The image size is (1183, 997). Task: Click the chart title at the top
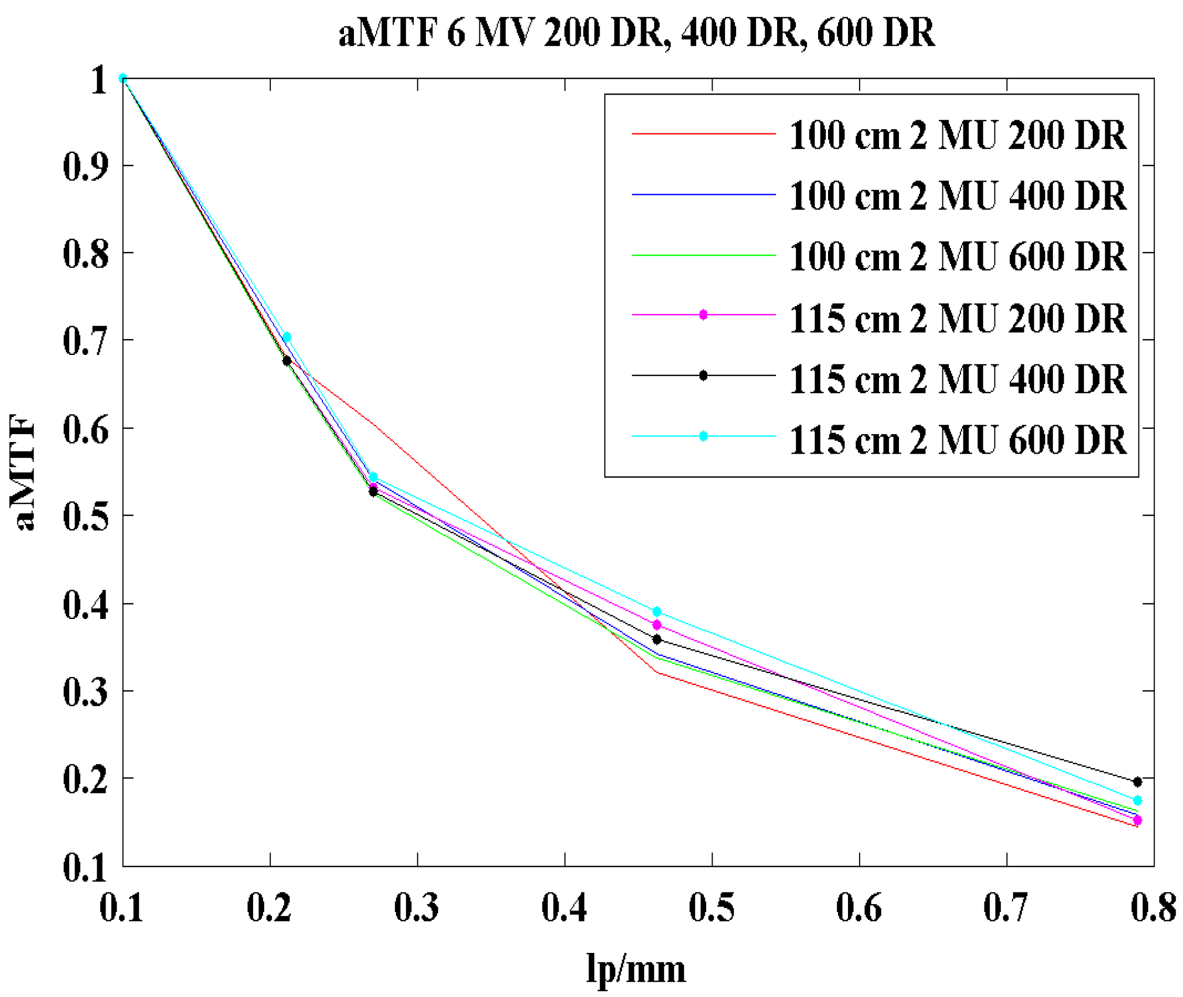pyautogui.click(x=636, y=32)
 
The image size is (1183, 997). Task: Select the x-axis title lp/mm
pyautogui.click(x=636, y=968)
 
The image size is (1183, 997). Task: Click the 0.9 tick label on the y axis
pyautogui.click(x=85, y=167)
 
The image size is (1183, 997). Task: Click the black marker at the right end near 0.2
pyautogui.click(x=1137, y=782)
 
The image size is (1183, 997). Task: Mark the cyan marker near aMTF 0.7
pyautogui.click(x=287, y=337)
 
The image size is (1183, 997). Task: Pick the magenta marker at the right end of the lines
pyautogui.click(x=1137, y=820)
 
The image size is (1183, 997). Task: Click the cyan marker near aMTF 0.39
pyautogui.click(x=657, y=612)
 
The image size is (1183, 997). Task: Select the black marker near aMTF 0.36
pyautogui.click(x=657, y=639)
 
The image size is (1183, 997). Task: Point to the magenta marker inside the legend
pyautogui.click(x=703, y=315)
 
